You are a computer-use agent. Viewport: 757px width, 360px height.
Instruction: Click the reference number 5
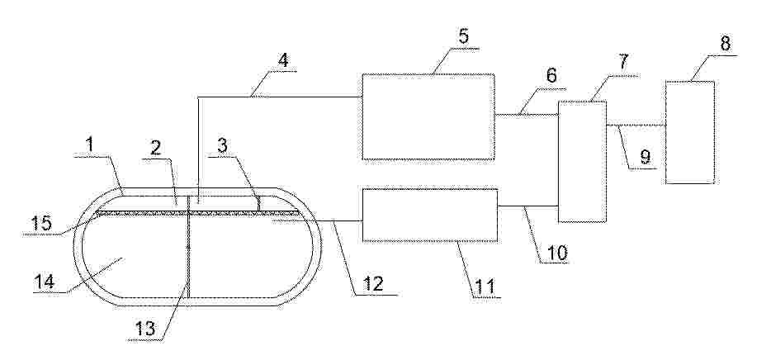(x=463, y=36)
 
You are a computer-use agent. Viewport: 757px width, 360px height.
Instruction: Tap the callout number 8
(x=726, y=44)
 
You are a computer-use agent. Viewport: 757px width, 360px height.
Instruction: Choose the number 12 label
(x=372, y=283)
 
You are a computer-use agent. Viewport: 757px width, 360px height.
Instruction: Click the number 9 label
(x=645, y=157)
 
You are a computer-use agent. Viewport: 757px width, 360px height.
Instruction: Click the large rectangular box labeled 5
(x=428, y=116)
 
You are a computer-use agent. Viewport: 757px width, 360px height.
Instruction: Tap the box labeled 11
(x=429, y=215)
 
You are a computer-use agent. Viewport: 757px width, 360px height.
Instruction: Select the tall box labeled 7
(x=582, y=162)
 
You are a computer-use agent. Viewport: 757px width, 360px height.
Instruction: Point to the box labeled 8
(x=690, y=132)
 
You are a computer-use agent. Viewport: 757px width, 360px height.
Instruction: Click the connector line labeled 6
(x=526, y=115)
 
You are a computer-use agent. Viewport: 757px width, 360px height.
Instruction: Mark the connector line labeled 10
(x=528, y=206)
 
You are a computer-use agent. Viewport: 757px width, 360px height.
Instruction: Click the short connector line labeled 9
(x=636, y=125)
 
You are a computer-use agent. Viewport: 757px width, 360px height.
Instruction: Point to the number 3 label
(x=222, y=146)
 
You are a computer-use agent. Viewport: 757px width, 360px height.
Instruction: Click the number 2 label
(x=155, y=148)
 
